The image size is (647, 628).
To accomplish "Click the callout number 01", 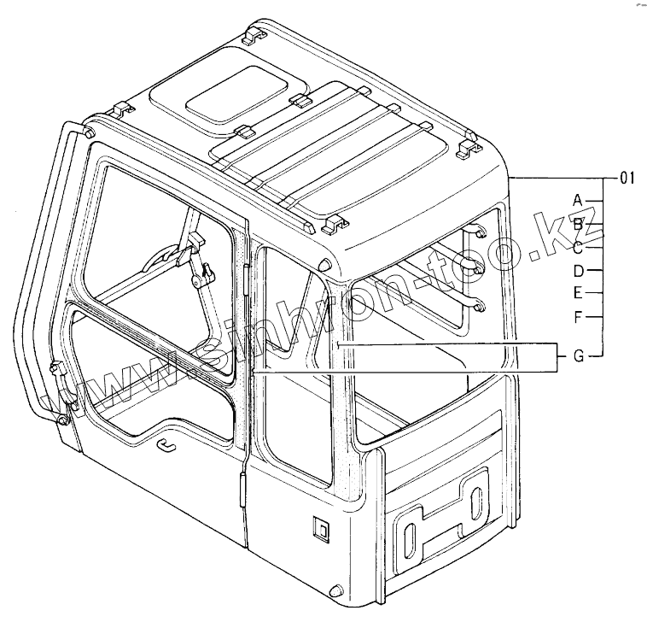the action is tap(627, 178).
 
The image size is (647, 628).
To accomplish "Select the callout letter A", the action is tap(578, 201).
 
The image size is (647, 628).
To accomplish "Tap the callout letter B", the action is tap(578, 225).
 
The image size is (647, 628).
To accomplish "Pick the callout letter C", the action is tap(578, 248).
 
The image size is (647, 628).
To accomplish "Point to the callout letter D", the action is tap(579, 271).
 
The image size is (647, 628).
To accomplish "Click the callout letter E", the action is tap(578, 293).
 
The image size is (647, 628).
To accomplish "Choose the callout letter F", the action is tap(578, 317).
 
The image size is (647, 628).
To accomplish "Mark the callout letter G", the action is tap(579, 355).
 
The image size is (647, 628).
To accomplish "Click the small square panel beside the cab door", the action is tap(320, 528).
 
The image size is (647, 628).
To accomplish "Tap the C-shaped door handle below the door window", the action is tap(166, 445).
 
